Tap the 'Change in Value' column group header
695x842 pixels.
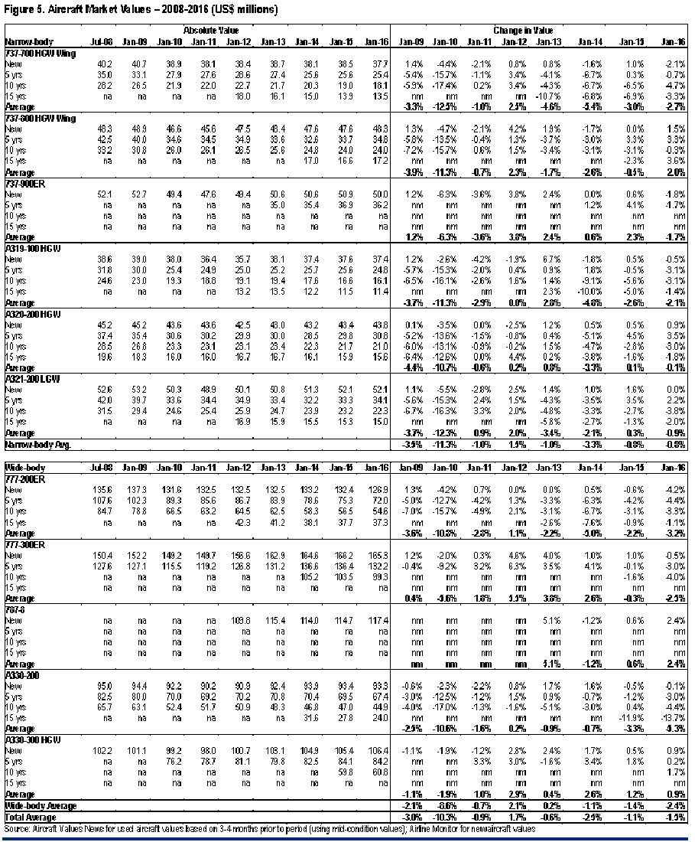pos(519,30)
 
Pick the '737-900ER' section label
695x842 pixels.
pos(22,183)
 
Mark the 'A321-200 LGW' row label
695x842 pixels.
pos(28,376)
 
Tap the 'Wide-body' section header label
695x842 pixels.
pos(21,466)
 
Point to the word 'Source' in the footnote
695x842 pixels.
pos(17,829)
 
